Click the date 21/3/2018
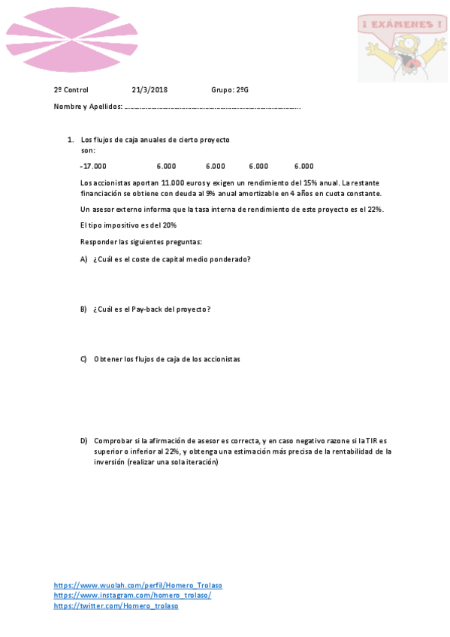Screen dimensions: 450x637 point(149,90)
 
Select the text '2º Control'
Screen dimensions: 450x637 point(71,90)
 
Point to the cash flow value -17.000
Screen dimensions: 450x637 point(93,167)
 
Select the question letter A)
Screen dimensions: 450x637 point(84,259)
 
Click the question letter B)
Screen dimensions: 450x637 point(84,309)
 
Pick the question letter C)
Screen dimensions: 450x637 point(84,359)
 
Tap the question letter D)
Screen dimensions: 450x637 point(84,441)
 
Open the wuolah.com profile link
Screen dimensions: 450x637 point(137,585)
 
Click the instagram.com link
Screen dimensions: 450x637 point(132,595)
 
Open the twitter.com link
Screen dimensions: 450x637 point(116,605)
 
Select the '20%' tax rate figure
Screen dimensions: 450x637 point(169,225)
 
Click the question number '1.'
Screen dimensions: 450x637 point(70,140)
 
